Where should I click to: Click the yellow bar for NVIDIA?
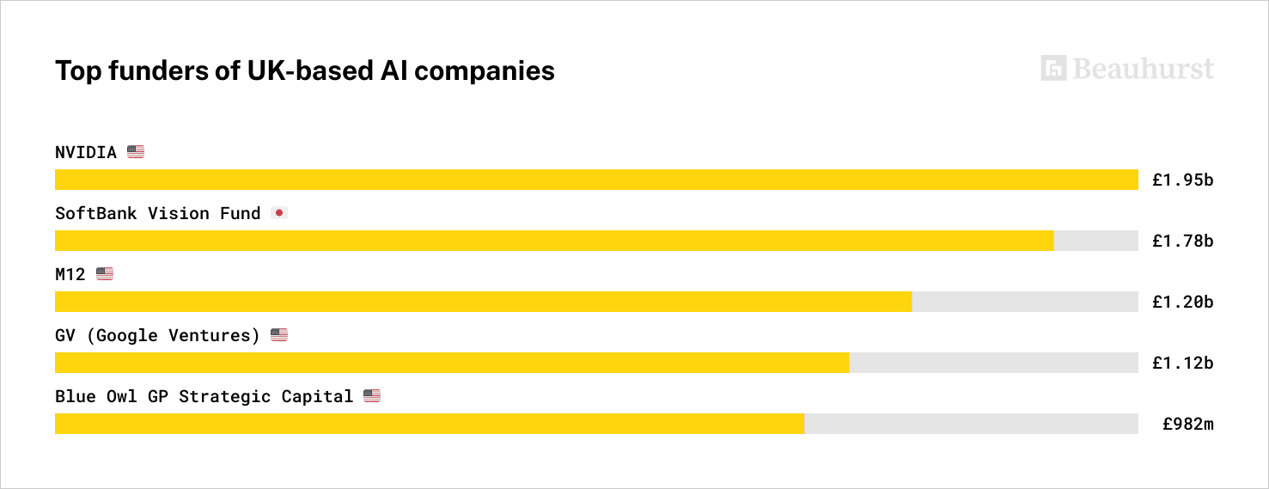pos(596,180)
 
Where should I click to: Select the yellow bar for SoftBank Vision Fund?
pos(554,241)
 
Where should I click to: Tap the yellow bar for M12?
pos(483,302)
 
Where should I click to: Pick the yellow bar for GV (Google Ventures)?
pos(452,363)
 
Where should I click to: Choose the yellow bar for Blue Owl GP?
pos(430,424)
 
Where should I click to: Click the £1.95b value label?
pos(1182,180)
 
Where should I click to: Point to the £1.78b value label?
pos(1182,241)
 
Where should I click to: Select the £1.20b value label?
pos(1182,302)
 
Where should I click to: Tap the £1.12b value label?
pos(1182,363)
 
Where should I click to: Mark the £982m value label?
pos(1187,424)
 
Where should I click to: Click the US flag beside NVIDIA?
pos(136,152)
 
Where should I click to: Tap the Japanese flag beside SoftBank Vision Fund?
pos(279,213)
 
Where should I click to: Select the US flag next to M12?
pos(105,274)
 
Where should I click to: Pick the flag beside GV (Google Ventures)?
pos(279,335)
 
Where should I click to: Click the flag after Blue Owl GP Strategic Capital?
pos(372,396)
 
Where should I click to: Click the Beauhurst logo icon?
pos(1053,69)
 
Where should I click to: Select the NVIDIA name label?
pos(86,153)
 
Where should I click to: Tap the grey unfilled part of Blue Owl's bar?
pos(971,424)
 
